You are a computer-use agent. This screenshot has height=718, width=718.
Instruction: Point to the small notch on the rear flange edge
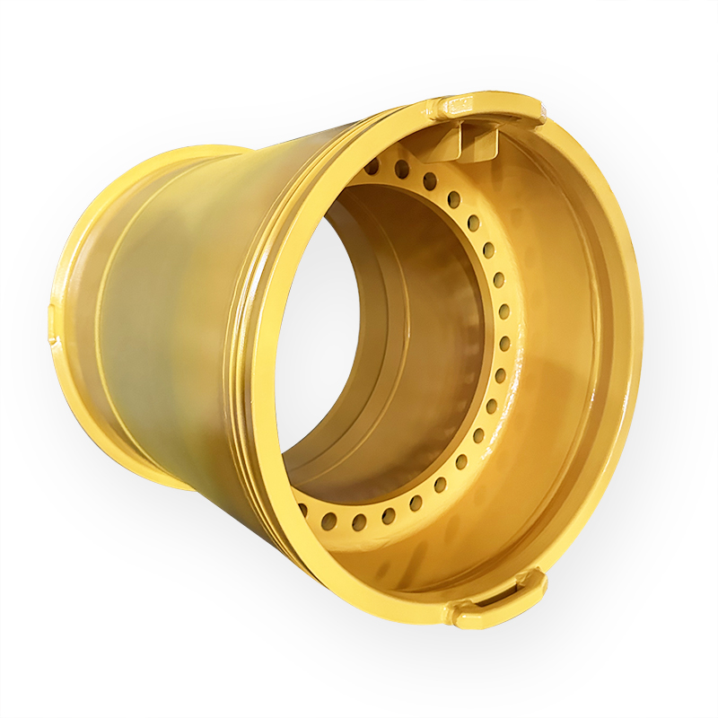[51, 315]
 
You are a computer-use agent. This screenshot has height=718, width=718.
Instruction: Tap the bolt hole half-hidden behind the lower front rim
[303, 509]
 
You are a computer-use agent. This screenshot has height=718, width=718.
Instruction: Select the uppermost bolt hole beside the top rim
[372, 168]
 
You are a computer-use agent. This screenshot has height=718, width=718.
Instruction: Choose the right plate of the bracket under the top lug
[489, 139]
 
